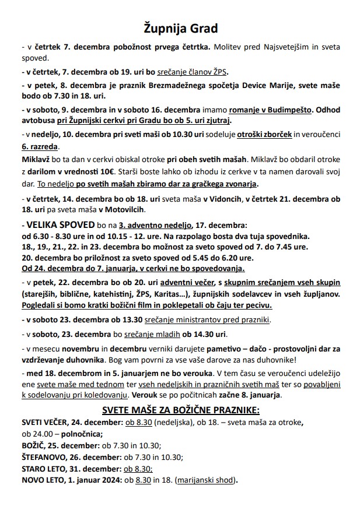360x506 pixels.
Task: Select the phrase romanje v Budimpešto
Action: tap(268, 110)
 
